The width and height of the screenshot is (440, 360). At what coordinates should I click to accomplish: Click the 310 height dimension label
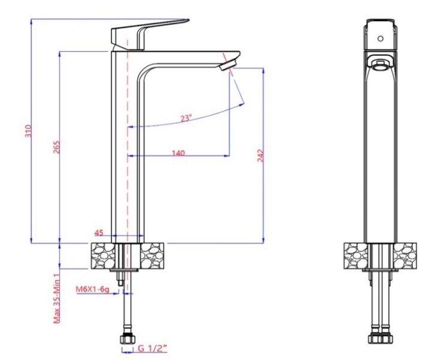28,131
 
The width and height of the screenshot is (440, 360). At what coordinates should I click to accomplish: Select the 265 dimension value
56,147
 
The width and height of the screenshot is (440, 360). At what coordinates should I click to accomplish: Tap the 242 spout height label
261,156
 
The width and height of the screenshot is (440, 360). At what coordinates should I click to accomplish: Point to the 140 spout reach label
179,153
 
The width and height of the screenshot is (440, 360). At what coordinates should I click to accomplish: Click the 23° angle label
186,118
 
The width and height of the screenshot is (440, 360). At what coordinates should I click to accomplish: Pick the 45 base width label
99,233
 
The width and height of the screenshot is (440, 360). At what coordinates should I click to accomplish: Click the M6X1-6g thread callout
92,289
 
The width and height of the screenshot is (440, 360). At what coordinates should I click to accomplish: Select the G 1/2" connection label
153,348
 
